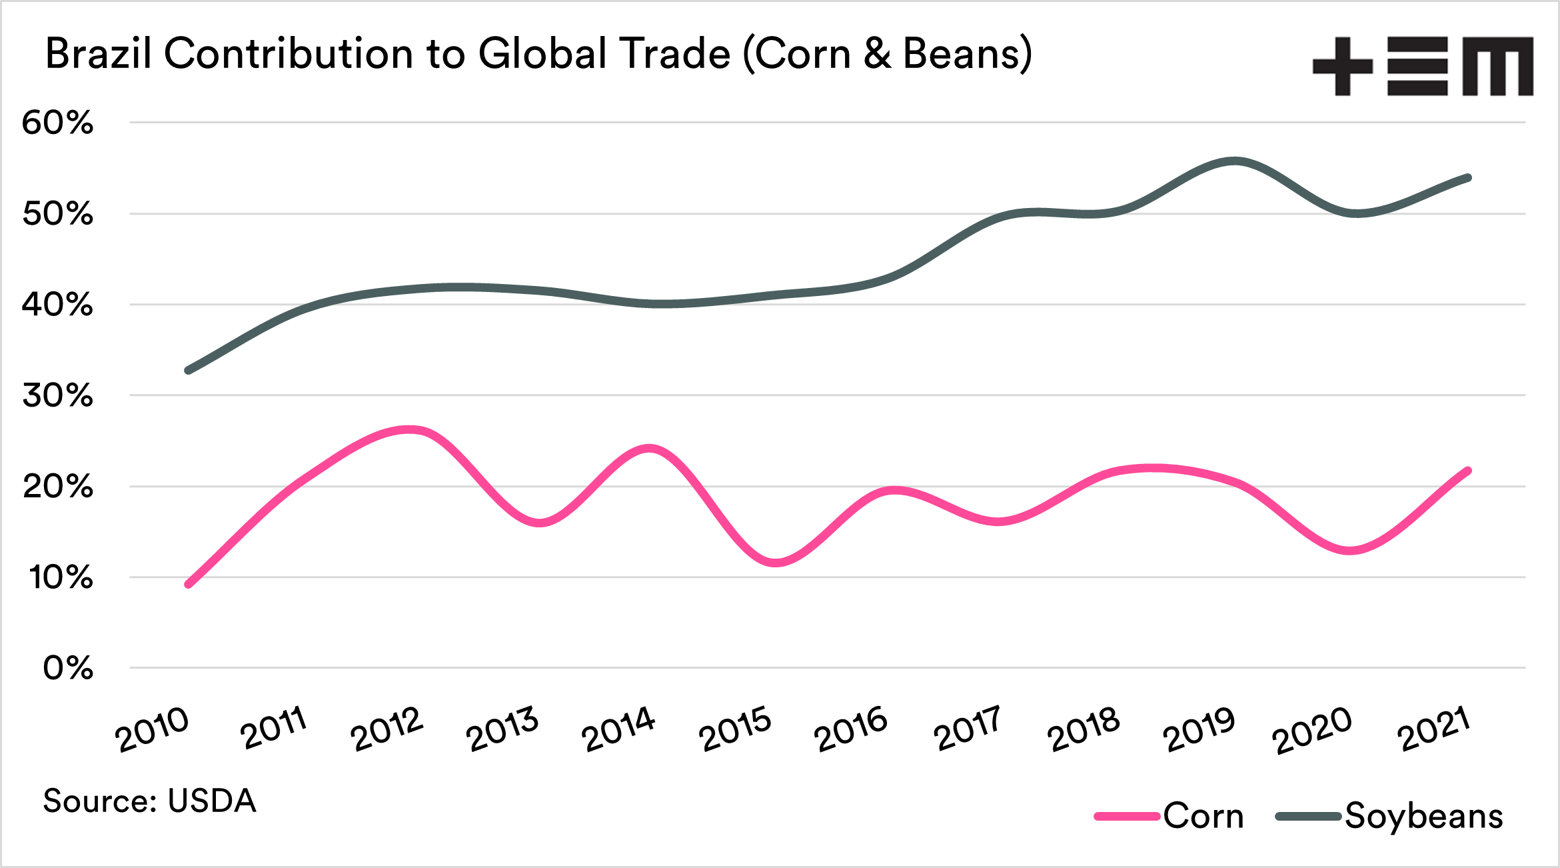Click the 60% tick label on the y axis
point(57,123)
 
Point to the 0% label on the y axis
point(68,668)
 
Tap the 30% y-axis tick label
point(57,395)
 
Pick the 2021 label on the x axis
point(1434,729)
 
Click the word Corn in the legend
point(1203,816)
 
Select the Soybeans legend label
point(1423,817)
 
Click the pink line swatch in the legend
point(1127,816)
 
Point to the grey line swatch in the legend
point(1308,816)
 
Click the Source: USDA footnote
point(150,801)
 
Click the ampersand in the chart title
point(878,53)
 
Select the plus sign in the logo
point(1342,67)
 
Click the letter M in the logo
point(1497,67)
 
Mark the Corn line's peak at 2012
point(409,430)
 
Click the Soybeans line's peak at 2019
point(1235,161)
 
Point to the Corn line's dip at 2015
point(775,563)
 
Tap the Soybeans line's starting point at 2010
point(189,371)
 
